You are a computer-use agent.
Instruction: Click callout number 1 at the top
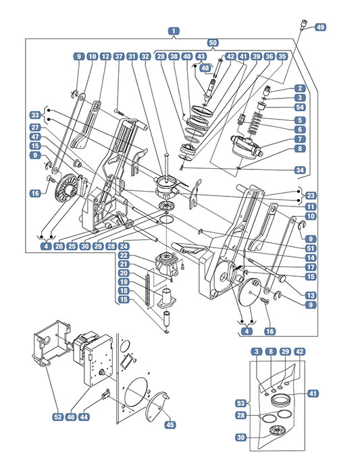(174, 31)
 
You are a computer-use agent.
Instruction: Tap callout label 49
(320, 27)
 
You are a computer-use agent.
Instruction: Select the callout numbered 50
(213, 43)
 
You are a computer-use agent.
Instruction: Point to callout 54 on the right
(300, 107)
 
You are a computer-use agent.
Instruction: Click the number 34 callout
(300, 170)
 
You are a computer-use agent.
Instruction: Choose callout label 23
(311, 196)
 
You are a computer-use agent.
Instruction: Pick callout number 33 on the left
(35, 115)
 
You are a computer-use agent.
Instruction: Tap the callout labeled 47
(35, 137)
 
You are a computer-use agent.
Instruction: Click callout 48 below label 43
(205, 68)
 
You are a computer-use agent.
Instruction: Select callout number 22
(124, 255)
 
